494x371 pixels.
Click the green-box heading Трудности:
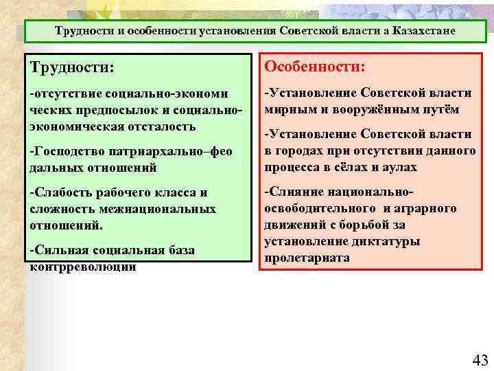tap(71, 68)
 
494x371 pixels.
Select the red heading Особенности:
tap(315, 67)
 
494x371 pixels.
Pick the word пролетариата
tap(307, 258)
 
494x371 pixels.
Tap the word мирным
tap(287, 109)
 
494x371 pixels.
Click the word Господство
tap(68, 150)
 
